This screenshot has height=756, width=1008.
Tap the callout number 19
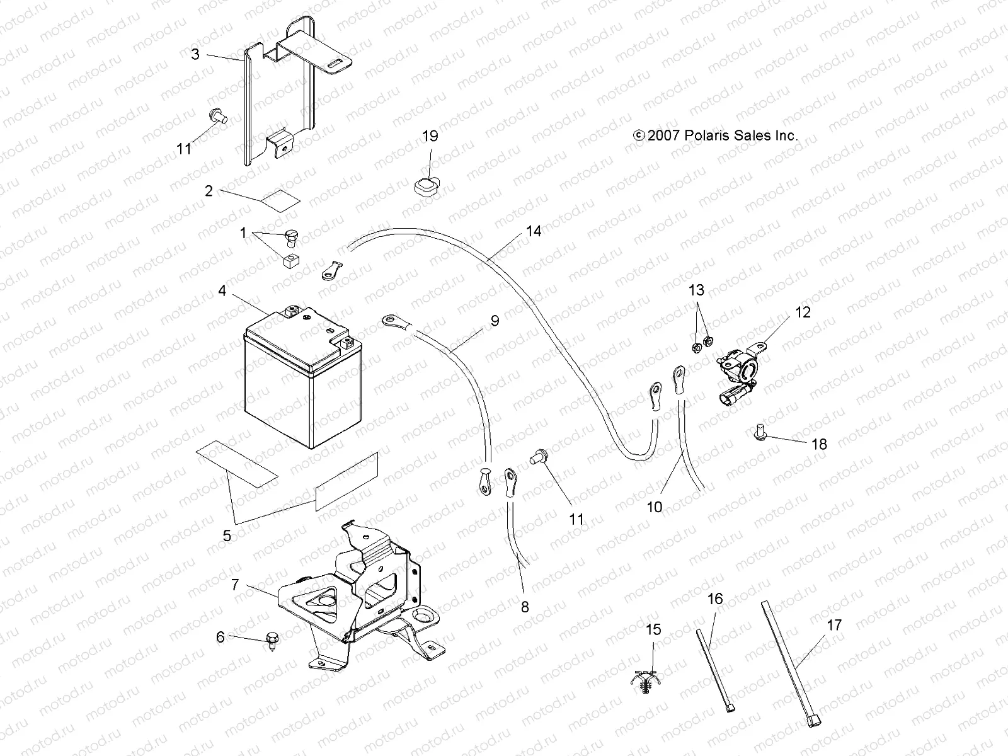430,136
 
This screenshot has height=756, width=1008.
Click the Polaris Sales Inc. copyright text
716,135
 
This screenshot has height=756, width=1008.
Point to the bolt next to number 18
759,433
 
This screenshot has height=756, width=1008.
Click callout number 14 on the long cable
534,231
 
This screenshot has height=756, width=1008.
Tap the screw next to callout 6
273,638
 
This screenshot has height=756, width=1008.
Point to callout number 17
834,625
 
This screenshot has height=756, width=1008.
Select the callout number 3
195,54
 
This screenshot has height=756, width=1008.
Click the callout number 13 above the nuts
696,290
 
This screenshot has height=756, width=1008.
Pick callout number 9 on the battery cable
495,321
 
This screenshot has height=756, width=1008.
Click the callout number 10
655,506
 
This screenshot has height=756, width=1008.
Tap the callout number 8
525,607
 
